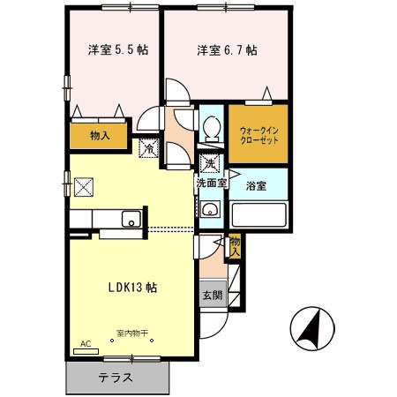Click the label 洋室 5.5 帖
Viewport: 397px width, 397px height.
pos(117,50)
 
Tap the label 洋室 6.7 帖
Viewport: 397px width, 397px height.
pos(227,50)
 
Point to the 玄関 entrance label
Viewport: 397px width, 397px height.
pos(212,296)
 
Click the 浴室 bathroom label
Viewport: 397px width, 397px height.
pos(257,186)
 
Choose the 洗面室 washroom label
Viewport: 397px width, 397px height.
pos(212,184)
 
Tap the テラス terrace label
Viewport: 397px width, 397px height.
pos(116,377)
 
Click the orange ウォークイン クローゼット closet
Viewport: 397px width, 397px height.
pos(258,135)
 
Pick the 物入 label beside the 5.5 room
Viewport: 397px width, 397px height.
pos(99,135)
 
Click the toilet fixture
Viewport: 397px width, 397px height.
pos(211,130)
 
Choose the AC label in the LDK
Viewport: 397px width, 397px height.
pos(86,343)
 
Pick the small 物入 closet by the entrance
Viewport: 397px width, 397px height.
pos(236,246)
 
